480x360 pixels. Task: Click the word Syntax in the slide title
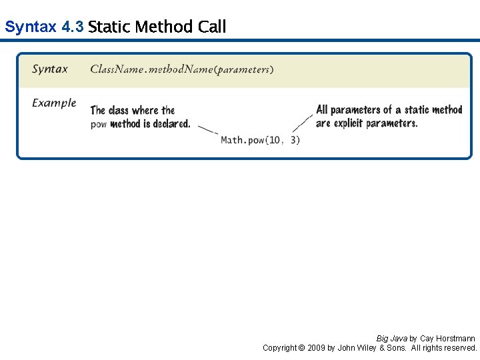[x=31, y=27]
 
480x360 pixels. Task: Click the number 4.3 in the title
[x=72, y=27]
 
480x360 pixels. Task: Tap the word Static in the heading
[x=109, y=27]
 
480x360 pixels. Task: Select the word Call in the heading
[x=212, y=27]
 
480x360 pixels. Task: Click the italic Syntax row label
[x=50, y=69]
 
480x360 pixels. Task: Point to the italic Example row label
[x=54, y=103]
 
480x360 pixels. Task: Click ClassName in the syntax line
[x=116, y=69]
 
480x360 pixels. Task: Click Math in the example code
[x=232, y=140]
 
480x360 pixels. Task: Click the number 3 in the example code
[x=295, y=140]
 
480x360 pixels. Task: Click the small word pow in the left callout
[x=99, y=124]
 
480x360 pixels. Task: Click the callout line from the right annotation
[x=303, y=123]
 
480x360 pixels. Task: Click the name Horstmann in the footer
[x=456, y=339]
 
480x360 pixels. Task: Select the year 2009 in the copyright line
[x=317, y=348]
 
